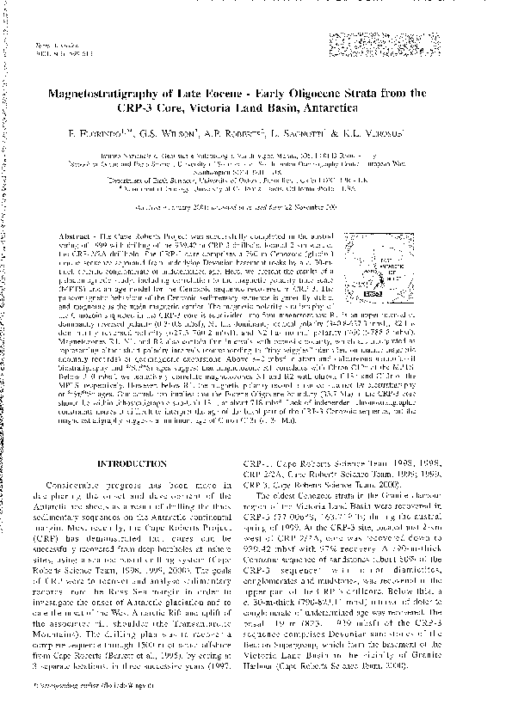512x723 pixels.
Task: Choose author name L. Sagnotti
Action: [328, 135]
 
